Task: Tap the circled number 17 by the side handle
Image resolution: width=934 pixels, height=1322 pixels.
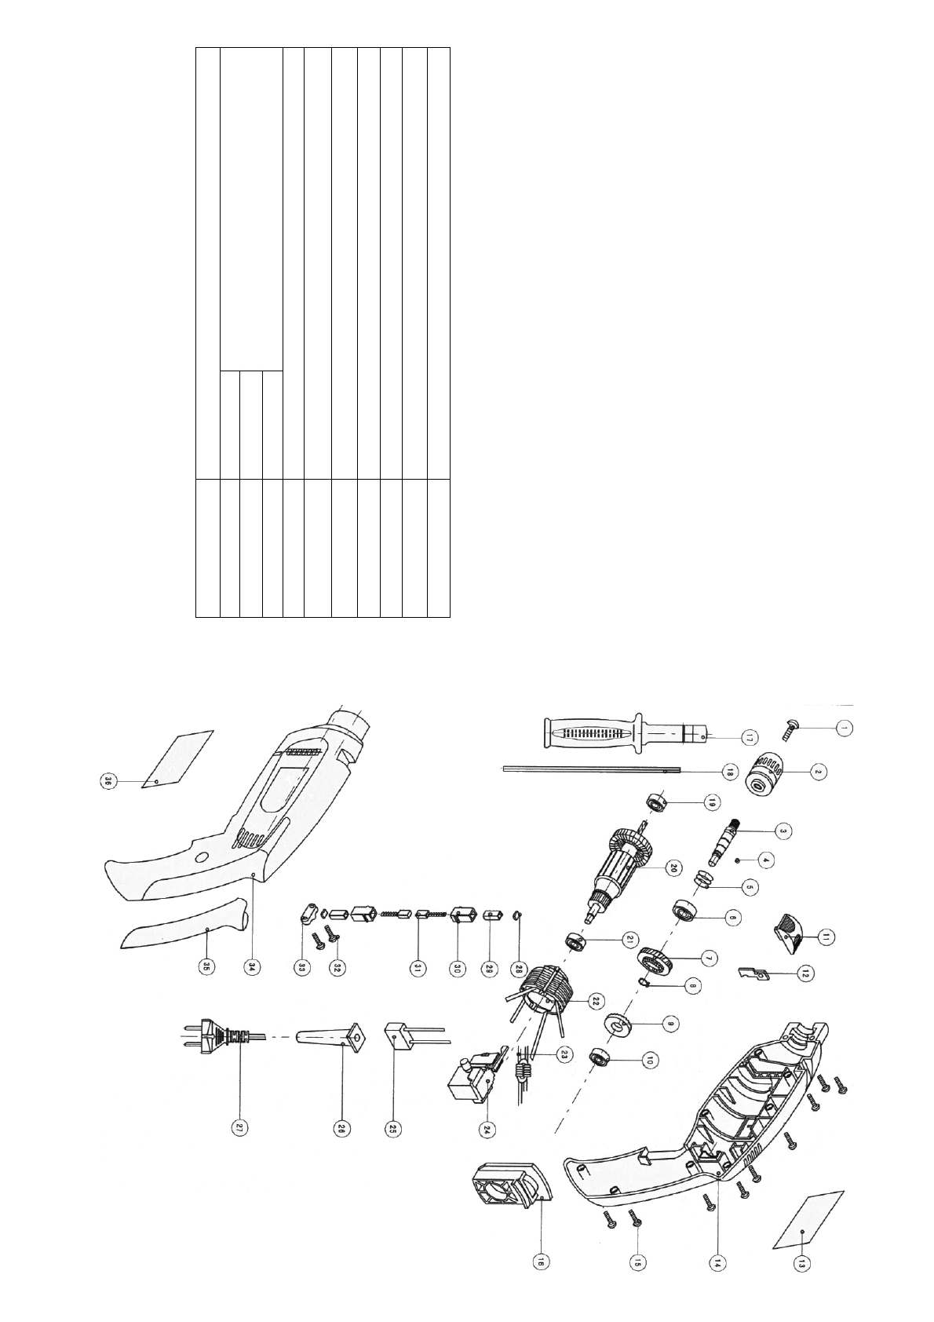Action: [x=750, y=736]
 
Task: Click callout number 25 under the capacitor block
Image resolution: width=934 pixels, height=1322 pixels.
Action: [x=391, y=1128]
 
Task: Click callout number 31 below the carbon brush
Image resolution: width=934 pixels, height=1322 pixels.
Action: [x=418, y=968]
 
